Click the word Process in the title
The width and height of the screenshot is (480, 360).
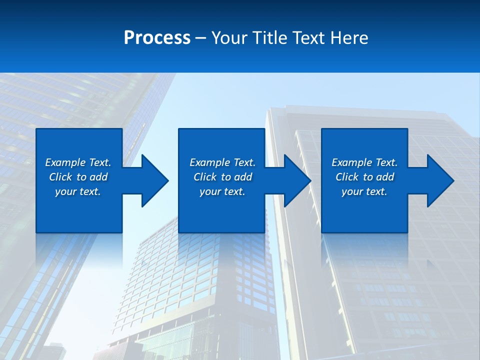pos(157,38)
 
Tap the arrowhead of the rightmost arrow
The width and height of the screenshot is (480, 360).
pos(439,180)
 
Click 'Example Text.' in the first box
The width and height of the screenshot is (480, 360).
pos(78,162)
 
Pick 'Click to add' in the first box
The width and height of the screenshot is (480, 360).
pos(78,177)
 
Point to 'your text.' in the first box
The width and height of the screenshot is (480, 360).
pos(78,191)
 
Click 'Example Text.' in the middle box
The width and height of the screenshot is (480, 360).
pos(222,162)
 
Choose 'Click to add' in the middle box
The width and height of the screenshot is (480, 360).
pos(222,177)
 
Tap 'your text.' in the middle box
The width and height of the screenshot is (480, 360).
pos(222,191)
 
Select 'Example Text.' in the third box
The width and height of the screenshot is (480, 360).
pos(364,162)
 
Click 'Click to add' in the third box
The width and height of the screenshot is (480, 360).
pos(364,177)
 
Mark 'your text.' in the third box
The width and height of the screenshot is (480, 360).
pos(364,191)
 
